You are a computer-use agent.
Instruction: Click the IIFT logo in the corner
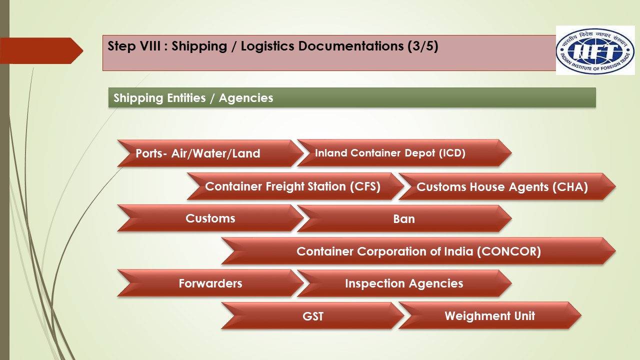[595, 50]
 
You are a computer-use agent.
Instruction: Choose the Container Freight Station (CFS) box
[292, 186]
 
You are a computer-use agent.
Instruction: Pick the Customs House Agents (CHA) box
[502, 187]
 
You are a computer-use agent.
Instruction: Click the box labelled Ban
[404, 218]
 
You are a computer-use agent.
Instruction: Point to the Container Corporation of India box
[418, 251]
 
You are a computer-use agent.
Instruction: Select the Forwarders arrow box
[210, 283]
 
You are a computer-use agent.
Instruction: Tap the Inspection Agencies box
[404, 283]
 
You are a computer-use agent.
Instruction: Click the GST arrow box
[313, 316]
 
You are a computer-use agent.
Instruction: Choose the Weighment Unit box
[489, 316]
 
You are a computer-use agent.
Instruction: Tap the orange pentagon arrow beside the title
[42, 50]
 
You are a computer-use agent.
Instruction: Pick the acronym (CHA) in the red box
[570, 187]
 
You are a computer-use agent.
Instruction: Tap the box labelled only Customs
[210, 218]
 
